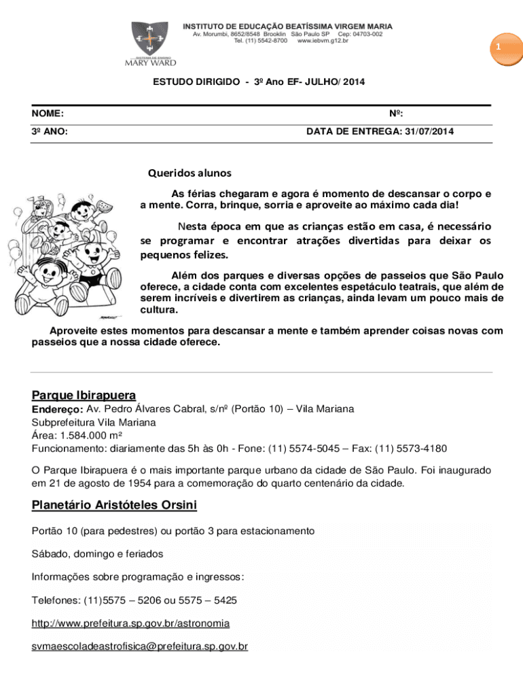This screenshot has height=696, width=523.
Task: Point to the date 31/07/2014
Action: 429,132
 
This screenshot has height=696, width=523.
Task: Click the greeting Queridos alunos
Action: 190,173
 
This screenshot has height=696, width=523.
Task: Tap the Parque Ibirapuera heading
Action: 84,396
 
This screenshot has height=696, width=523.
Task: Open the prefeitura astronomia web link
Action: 130,623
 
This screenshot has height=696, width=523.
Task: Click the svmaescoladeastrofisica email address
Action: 139,646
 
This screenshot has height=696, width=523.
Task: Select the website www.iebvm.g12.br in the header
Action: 323,41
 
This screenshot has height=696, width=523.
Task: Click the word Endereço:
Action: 58,410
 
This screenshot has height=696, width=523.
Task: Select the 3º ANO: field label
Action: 49,132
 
